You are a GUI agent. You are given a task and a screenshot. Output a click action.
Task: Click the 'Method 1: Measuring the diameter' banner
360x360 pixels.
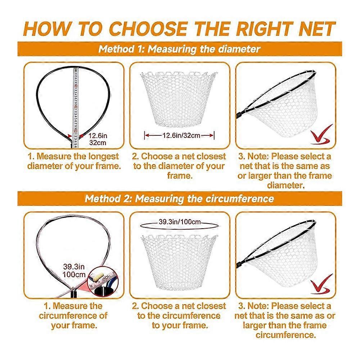tap(180, 49)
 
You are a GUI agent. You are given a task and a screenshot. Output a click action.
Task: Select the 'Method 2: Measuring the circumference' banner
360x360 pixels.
tap(180, 199)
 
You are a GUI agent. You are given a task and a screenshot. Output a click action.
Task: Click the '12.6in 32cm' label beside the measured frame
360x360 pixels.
tap(98, 139)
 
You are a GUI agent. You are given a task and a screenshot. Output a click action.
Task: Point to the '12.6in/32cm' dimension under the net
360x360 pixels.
tap(181, 135)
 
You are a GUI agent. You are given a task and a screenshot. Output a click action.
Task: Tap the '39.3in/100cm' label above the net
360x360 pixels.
tap(180, 222)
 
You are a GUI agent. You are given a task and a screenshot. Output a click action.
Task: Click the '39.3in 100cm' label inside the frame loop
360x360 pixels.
tap(74, 270)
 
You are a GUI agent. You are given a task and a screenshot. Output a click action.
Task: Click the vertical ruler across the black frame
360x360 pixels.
tap(76, 108)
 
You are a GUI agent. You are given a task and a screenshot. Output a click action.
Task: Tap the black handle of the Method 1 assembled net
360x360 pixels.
tap(240, 114)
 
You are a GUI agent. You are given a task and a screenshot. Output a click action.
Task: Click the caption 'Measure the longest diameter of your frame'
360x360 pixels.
tap(74, 161)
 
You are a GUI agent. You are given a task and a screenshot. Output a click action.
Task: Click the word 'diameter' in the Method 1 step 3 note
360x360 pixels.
tap(286, 185)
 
